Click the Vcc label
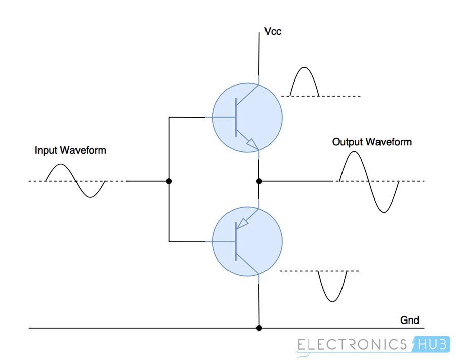[273, 32]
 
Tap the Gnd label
[409, 320]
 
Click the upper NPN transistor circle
[246, 117]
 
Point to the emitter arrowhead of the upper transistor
[252, 145]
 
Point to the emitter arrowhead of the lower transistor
[243, 223]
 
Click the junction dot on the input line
[169, 181]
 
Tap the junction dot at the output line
[259, 181]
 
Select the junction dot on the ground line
[259, 328]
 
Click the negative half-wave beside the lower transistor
[332, 287]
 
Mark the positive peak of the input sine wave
[60, 165]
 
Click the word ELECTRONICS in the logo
[353, 345]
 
